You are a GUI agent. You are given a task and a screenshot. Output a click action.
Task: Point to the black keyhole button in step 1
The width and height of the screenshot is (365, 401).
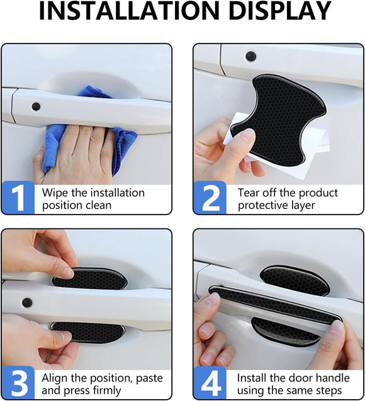click(36, 106)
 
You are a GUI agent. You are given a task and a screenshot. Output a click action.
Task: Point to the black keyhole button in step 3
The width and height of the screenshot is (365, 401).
click(27, 302)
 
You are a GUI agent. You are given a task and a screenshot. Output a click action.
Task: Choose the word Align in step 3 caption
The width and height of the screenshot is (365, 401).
click(55, 378)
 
